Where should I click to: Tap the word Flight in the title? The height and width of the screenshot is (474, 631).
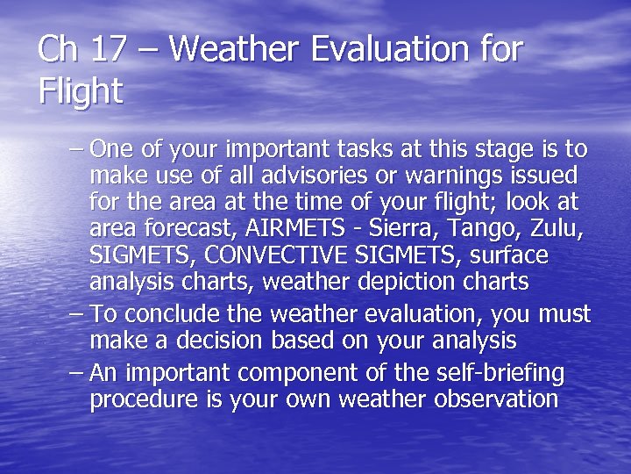click(x=81, y=91)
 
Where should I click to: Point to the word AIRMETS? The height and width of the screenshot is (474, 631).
click(x=294, y=228)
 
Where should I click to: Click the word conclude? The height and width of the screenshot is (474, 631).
click(x=175, y=313)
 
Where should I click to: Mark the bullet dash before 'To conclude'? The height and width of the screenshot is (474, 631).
click(x=76, y=313)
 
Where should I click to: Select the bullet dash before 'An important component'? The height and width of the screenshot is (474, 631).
click(x=76, y=373)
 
